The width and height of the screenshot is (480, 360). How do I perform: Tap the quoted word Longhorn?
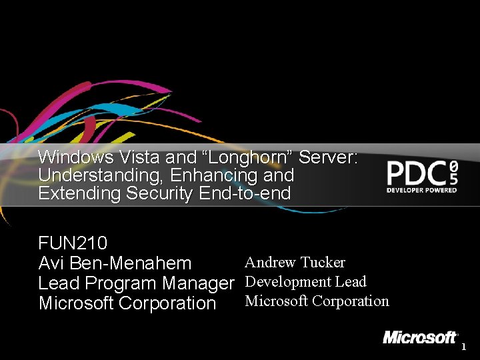tap(247, 158)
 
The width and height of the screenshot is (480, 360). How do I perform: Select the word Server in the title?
tap(329, 158)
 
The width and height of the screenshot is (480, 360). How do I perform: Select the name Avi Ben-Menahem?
tap(115, 263)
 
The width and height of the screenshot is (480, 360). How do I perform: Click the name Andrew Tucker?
tap(295, 262)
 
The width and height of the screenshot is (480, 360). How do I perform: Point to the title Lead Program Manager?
tap(136, 283)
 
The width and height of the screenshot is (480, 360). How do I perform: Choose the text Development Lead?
tap(305, 281)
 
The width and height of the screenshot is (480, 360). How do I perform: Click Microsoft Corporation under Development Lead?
tap(317, 301)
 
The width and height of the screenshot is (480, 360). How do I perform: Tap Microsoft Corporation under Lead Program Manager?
tap(127, 303)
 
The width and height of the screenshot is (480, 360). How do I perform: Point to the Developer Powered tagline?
tap(422, 190)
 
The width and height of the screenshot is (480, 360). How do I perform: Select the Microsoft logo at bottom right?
tap(420, 337)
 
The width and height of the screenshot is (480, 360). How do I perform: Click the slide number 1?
tap(464, 347)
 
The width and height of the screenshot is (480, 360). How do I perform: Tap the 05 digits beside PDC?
tap(453, 173)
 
